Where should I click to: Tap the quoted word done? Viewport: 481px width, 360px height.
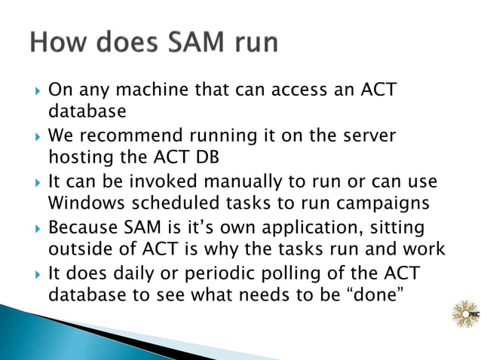coord(377,294)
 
